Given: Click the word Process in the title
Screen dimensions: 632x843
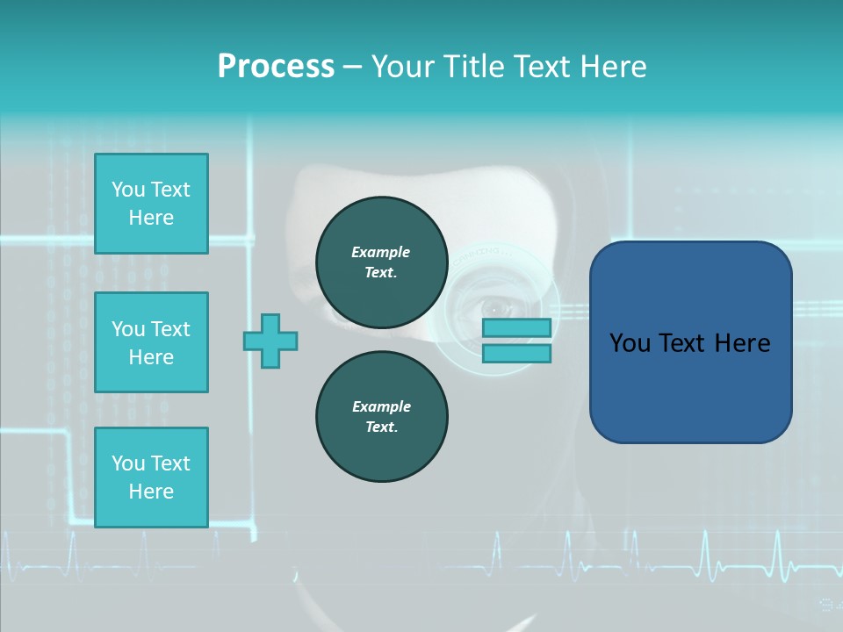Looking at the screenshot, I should (276, 67).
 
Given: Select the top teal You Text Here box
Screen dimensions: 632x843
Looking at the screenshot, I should (151, 204).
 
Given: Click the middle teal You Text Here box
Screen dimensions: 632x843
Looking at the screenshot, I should (151, 342).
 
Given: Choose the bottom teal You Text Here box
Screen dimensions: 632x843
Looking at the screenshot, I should (151, 478).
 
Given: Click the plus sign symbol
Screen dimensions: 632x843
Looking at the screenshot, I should (270, 341).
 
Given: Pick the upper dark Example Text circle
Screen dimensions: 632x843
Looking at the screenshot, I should (381, 262).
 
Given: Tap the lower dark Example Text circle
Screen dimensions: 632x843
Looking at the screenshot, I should (381, 417).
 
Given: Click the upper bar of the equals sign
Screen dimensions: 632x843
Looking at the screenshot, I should (516, 328).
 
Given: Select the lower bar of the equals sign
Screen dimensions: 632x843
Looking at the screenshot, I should (516, 354).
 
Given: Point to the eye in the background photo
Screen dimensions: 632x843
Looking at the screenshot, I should (497, 308).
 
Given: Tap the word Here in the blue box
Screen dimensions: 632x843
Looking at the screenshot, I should (742, 343).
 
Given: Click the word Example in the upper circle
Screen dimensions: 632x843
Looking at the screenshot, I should (381, 252).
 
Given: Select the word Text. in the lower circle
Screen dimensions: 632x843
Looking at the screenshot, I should (381, 427).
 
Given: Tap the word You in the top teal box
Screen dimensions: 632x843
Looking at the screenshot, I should (127, 190).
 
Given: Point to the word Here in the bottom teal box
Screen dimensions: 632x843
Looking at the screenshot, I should (151, 492).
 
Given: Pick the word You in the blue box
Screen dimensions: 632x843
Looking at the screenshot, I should (630, 343).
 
